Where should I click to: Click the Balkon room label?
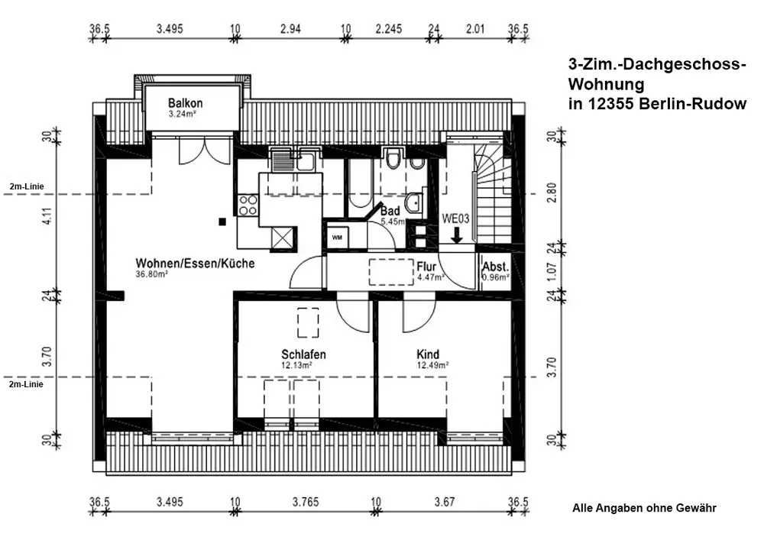(185, 103)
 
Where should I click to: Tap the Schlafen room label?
(303, 354)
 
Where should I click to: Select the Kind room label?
(428, 354)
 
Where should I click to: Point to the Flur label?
(426, 267)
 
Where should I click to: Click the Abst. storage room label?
(496, 267)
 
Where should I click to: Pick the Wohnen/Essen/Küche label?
(195, 264)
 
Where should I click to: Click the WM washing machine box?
(337, 238)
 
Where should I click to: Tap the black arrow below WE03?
(457, 234)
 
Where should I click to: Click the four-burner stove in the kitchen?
(248, 205)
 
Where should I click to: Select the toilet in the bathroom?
(392, 158)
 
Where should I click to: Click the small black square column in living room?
(222, 222)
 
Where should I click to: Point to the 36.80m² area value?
(151, 274)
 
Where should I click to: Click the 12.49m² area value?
(432, 365)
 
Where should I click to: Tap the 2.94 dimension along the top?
(290, 29)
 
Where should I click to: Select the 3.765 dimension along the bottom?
(306, 502)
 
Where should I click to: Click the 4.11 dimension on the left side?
(47, 216)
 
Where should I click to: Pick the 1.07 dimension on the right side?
(552, 272)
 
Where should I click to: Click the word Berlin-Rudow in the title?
(693, 104)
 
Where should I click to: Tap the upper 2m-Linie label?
(26, 186)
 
